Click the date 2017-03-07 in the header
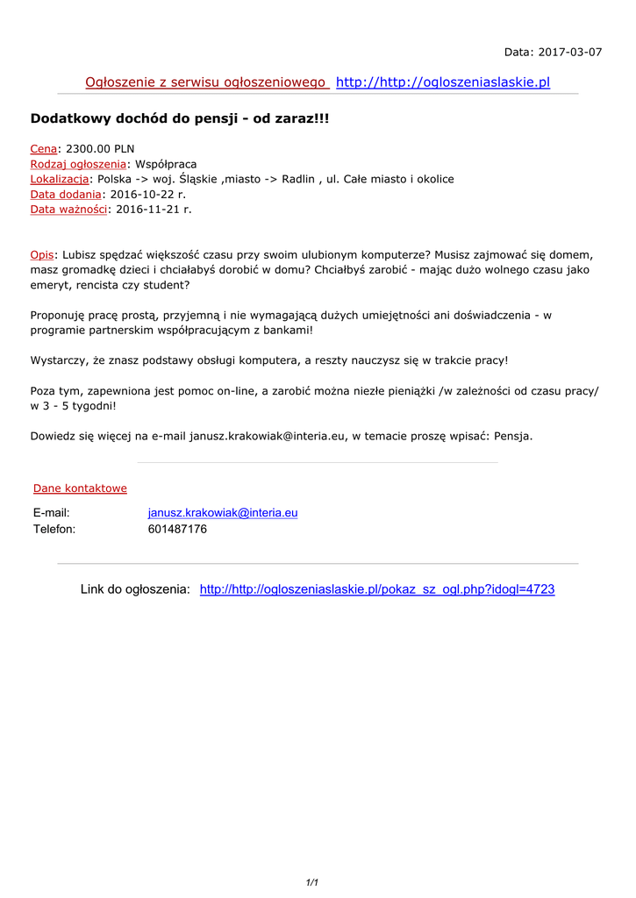tap(571, 52)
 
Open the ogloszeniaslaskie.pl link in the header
tap(443, 82)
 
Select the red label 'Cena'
tap(43, 149)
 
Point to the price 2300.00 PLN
tap(100, 149)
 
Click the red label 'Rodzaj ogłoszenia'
tap(78, 164)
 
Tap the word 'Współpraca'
tap(166, 164)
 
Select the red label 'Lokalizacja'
tap(59, 179)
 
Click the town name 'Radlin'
tap(298, 179)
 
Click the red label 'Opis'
tap(42, 254)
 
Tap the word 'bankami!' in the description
tap(288, 330)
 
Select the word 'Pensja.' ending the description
tap(513, 435)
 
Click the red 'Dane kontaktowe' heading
tap(80, 488)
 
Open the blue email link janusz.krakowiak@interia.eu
tap(223, 513)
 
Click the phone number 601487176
tap(177, 529)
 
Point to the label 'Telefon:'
tap(54, 529)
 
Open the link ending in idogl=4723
tap(377, 589)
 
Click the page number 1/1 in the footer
tap(312, 882)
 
